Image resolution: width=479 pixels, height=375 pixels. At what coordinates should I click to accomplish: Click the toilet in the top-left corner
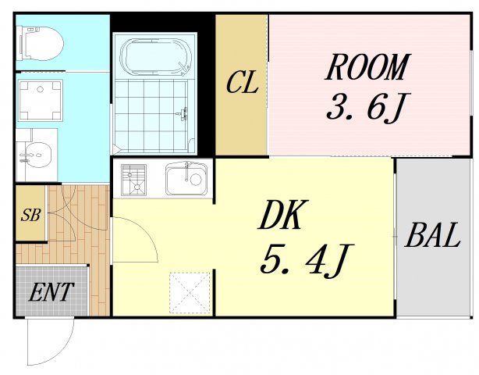(41, 42)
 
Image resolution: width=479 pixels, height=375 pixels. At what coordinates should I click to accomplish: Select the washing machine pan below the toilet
(37, 99)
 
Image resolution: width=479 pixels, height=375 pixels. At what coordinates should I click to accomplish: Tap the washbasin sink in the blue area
(35, 155)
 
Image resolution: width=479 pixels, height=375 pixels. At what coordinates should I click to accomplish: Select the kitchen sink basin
(186, 180)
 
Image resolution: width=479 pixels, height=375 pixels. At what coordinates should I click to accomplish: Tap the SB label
(30, 213)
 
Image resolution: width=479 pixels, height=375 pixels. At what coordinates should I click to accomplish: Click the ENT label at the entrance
(51, 293)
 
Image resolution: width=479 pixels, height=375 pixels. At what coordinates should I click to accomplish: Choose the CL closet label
(242, 84)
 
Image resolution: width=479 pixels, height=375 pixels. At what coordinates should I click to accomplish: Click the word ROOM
(367, 68)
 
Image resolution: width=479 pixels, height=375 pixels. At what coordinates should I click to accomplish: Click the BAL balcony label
(432, 235)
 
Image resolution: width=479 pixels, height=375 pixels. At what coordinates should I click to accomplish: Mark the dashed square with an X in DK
(191, 292)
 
